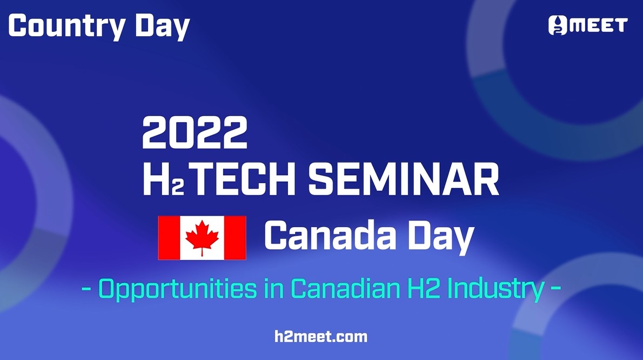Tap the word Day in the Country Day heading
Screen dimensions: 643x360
(163, 26)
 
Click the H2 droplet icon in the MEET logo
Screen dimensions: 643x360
(558, 25)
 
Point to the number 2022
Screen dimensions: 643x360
(195, 132)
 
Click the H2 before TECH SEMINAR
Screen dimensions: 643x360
(163, 179)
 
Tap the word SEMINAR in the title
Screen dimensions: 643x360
(404, 179)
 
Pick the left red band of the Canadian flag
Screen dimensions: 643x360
(169, 238)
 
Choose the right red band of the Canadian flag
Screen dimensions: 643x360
(235, 238)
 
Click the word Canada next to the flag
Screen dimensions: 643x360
(331, 235)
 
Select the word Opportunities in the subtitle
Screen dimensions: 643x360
(178, 289)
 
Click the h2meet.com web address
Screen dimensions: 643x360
(321, 337)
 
